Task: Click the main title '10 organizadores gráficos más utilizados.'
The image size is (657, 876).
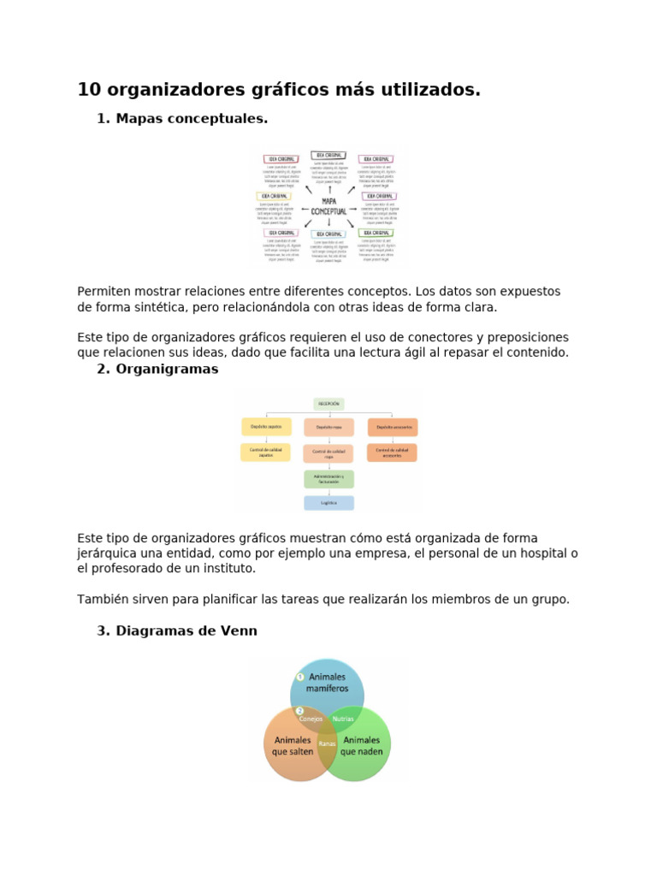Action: pyautogui.click(x=279, y=90)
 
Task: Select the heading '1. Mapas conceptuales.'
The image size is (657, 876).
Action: pyautogui.click(x=182, y=119)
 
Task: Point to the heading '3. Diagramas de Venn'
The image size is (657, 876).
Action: pyautogui.click(x=177, y=631)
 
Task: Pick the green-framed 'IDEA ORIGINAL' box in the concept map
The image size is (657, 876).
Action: pyautogui.click(x=376, y=233)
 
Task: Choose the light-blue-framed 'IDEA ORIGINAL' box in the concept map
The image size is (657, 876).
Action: pyautogui.click(x=329, y=233)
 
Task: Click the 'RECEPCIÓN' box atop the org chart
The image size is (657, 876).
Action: pyautogui.click(x=329, y=404)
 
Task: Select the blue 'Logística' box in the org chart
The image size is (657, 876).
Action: pyautogui.click(x=329, y=503)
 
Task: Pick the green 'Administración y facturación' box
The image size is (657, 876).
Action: pyautogui.click(x=329, y=478)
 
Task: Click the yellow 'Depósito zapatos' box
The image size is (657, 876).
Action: pyautogui.click(x=265, y=426)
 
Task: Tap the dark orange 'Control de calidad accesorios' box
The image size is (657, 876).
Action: pyautogui.click(x=393, y=453)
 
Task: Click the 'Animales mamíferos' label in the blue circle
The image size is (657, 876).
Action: pyautogui.click(x=328, y=682)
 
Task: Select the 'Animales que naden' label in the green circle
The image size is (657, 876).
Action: pyautogui.click(x=362, y=745)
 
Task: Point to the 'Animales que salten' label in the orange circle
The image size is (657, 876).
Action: pyautogui.click(x=293, y=745)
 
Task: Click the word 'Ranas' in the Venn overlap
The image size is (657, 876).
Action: pyautogui.click(x=327, y=743)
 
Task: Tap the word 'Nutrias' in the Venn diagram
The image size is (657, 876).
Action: pyautogui.click(x=343, y=719)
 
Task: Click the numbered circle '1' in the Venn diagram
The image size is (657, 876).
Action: pyautogui.click(x=299, y=677)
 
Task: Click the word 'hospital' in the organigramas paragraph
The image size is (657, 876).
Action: pyautogui.click(x=542, y=553)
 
